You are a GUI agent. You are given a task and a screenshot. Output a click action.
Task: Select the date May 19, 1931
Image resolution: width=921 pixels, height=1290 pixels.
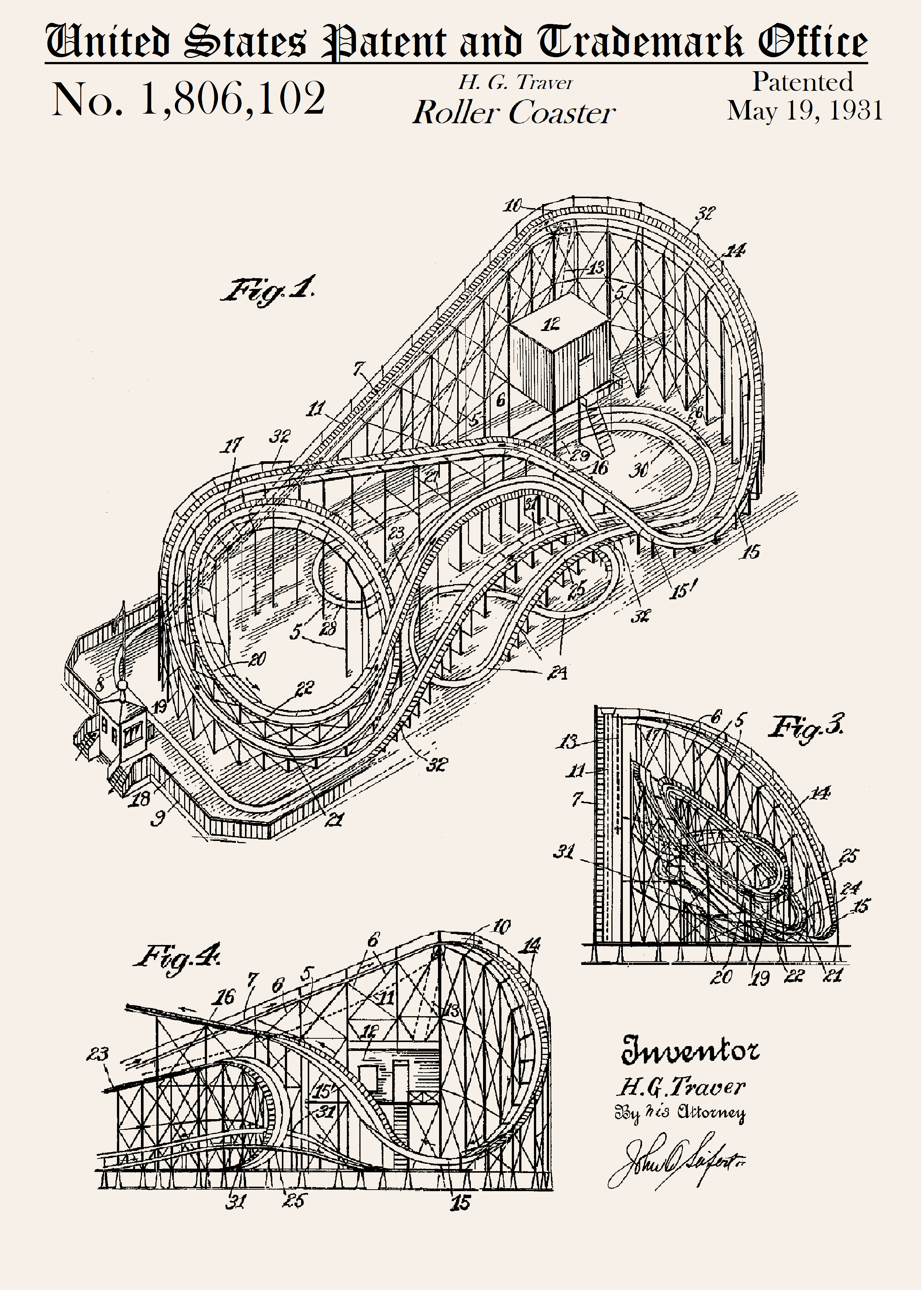[x=805, y=111]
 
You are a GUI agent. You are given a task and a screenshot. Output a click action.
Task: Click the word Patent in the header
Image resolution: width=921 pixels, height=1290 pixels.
[x=384, y=42]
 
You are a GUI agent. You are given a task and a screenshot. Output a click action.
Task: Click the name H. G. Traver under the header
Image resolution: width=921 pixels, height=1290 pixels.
[x=515, y=83]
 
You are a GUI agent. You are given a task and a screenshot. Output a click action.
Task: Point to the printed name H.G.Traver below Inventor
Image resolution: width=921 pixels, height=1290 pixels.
[x=680, y=1087]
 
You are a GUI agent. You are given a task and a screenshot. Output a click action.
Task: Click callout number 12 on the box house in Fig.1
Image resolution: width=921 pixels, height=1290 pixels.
[x=551, y=324]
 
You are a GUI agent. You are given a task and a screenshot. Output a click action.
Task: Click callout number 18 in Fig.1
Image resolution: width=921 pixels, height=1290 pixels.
[x=140, y=799]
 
